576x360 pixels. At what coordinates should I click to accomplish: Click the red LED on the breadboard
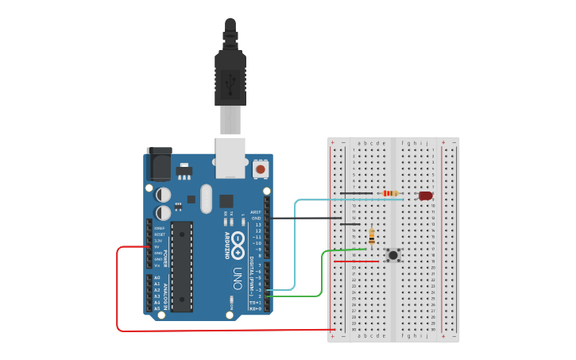425,195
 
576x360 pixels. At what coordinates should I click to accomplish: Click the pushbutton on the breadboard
392,255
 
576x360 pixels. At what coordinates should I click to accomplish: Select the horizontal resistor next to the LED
390,193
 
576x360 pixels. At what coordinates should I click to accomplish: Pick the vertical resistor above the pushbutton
372,237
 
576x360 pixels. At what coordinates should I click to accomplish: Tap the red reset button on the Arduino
260,169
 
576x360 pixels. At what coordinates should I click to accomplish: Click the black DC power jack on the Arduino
159,164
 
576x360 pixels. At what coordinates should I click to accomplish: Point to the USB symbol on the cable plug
230,80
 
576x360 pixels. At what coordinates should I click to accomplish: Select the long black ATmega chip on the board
181,266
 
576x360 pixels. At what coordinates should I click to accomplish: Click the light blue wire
296,238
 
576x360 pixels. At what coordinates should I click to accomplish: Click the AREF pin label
256,212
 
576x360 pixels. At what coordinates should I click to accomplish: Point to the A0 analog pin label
157,277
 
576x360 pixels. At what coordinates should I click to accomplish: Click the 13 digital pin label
257,225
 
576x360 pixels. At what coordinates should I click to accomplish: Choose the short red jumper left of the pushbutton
350,261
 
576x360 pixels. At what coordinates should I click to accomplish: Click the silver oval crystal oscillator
207,199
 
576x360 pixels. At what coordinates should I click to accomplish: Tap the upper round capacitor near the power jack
163,195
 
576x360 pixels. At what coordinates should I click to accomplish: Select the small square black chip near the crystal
226,201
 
